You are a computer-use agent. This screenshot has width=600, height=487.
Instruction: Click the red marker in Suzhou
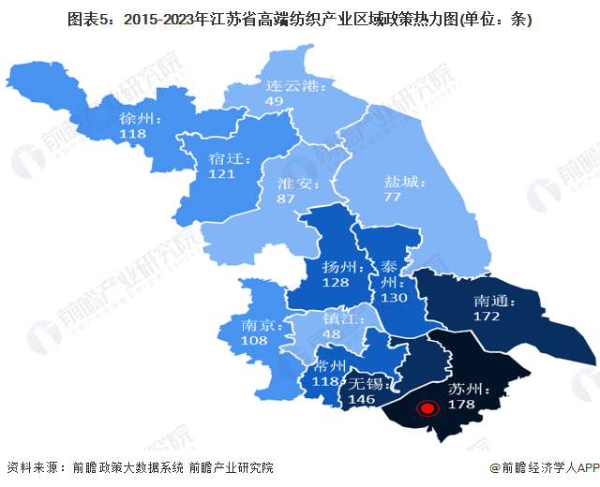coord(427,408)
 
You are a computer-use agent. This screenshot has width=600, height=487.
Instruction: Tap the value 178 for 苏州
coord(462,405)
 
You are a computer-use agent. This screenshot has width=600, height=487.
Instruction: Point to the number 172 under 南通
coord(487,317)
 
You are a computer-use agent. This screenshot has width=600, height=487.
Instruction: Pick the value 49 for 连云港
coord(274,101)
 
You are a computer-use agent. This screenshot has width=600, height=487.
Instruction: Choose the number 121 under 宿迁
coord(221,174)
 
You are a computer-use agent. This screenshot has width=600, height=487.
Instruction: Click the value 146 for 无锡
coord(363,398)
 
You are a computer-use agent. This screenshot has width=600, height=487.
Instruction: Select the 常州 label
coord(334,365)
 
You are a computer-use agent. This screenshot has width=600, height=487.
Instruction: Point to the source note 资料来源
coord(35,467)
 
